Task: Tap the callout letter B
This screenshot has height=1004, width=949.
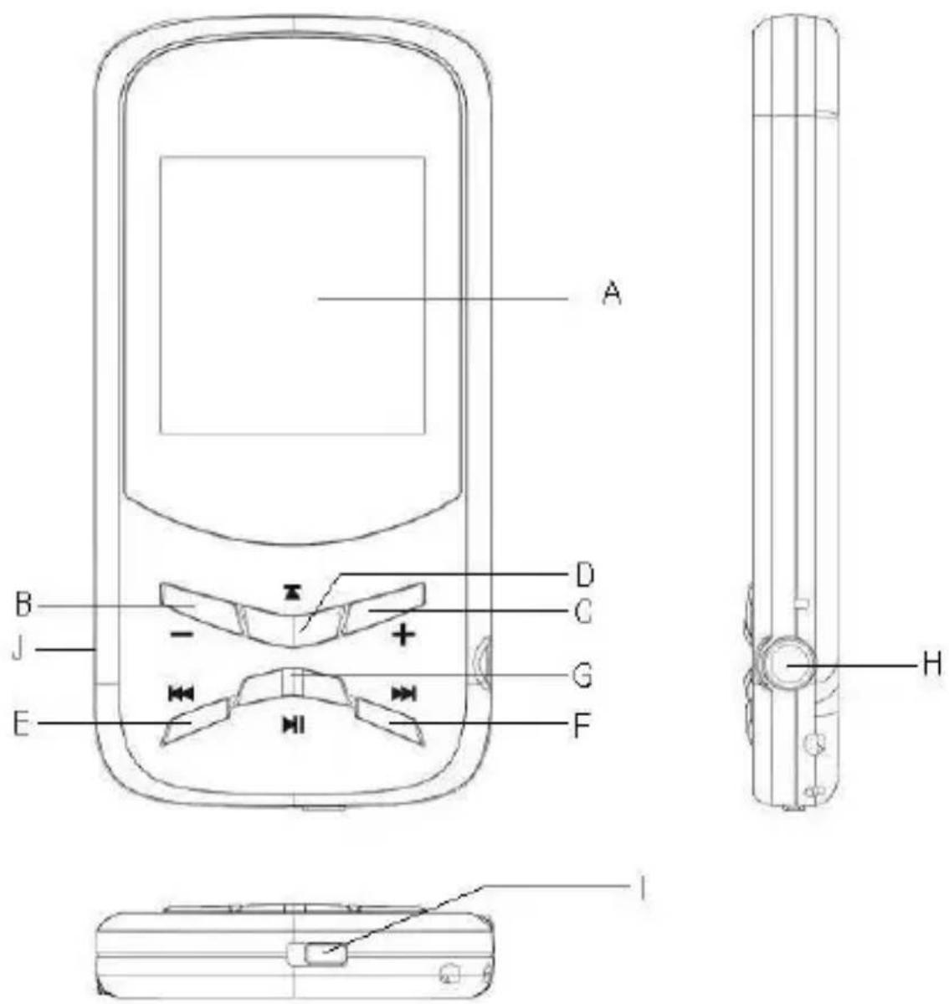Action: click(x=23, y=605)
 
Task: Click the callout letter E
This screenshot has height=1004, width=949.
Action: click(x=21, y=724)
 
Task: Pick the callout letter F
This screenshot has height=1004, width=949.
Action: click(x=581, y=726)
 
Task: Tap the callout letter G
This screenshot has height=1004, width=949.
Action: click(x=582, y=676)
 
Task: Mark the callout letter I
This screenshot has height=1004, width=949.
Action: click(x=642, y=888)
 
